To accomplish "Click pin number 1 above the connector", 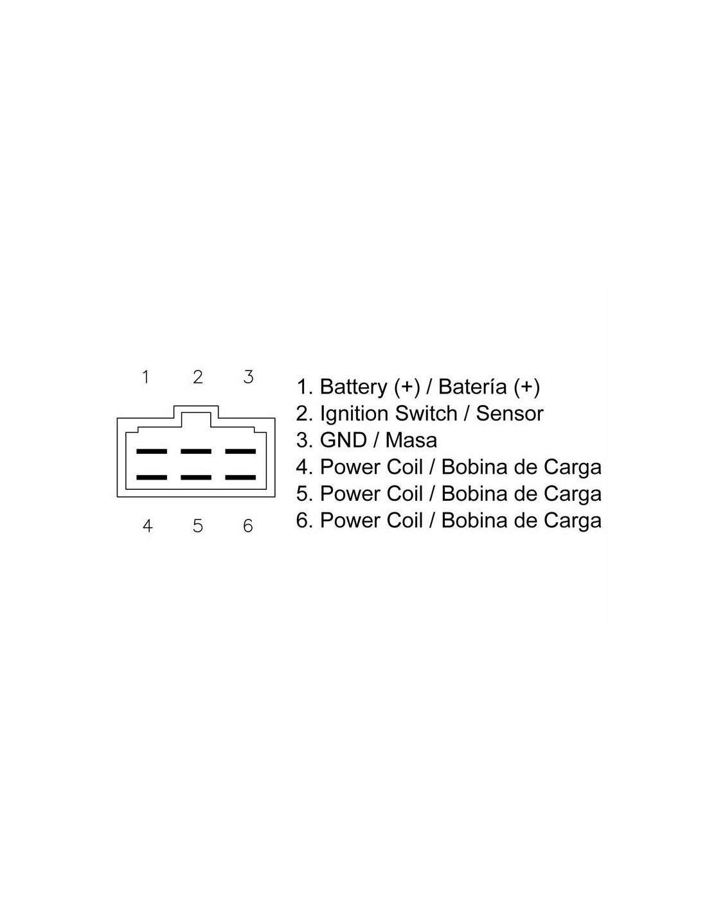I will click(x=146, y=377).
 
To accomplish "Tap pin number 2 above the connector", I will click(x=198, y=377).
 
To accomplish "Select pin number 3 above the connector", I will click(x=249, y=377).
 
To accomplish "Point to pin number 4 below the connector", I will click(x=147, y=526).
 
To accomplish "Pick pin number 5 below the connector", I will click(x=198, y=526).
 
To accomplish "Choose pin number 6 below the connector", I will click(x=248, y=526).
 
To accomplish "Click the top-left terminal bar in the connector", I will click(x=152, y=451).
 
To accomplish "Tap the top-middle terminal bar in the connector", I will click(x=196, y=451).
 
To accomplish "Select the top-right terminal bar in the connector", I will click(x=240, y=451).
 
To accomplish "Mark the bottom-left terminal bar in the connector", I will click(x=152, y=478).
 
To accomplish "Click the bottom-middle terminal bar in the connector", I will click(x=196, y=478).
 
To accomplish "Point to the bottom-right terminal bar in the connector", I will click(x=240, y=478).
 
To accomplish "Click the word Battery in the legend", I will click(x=353, y=387).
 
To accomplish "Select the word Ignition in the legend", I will click(x=354, y=413).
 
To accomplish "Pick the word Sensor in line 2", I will click(x=510, y=413).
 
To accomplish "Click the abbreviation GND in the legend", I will click(x=343, y=440).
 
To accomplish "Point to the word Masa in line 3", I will click(x=411, y=440).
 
